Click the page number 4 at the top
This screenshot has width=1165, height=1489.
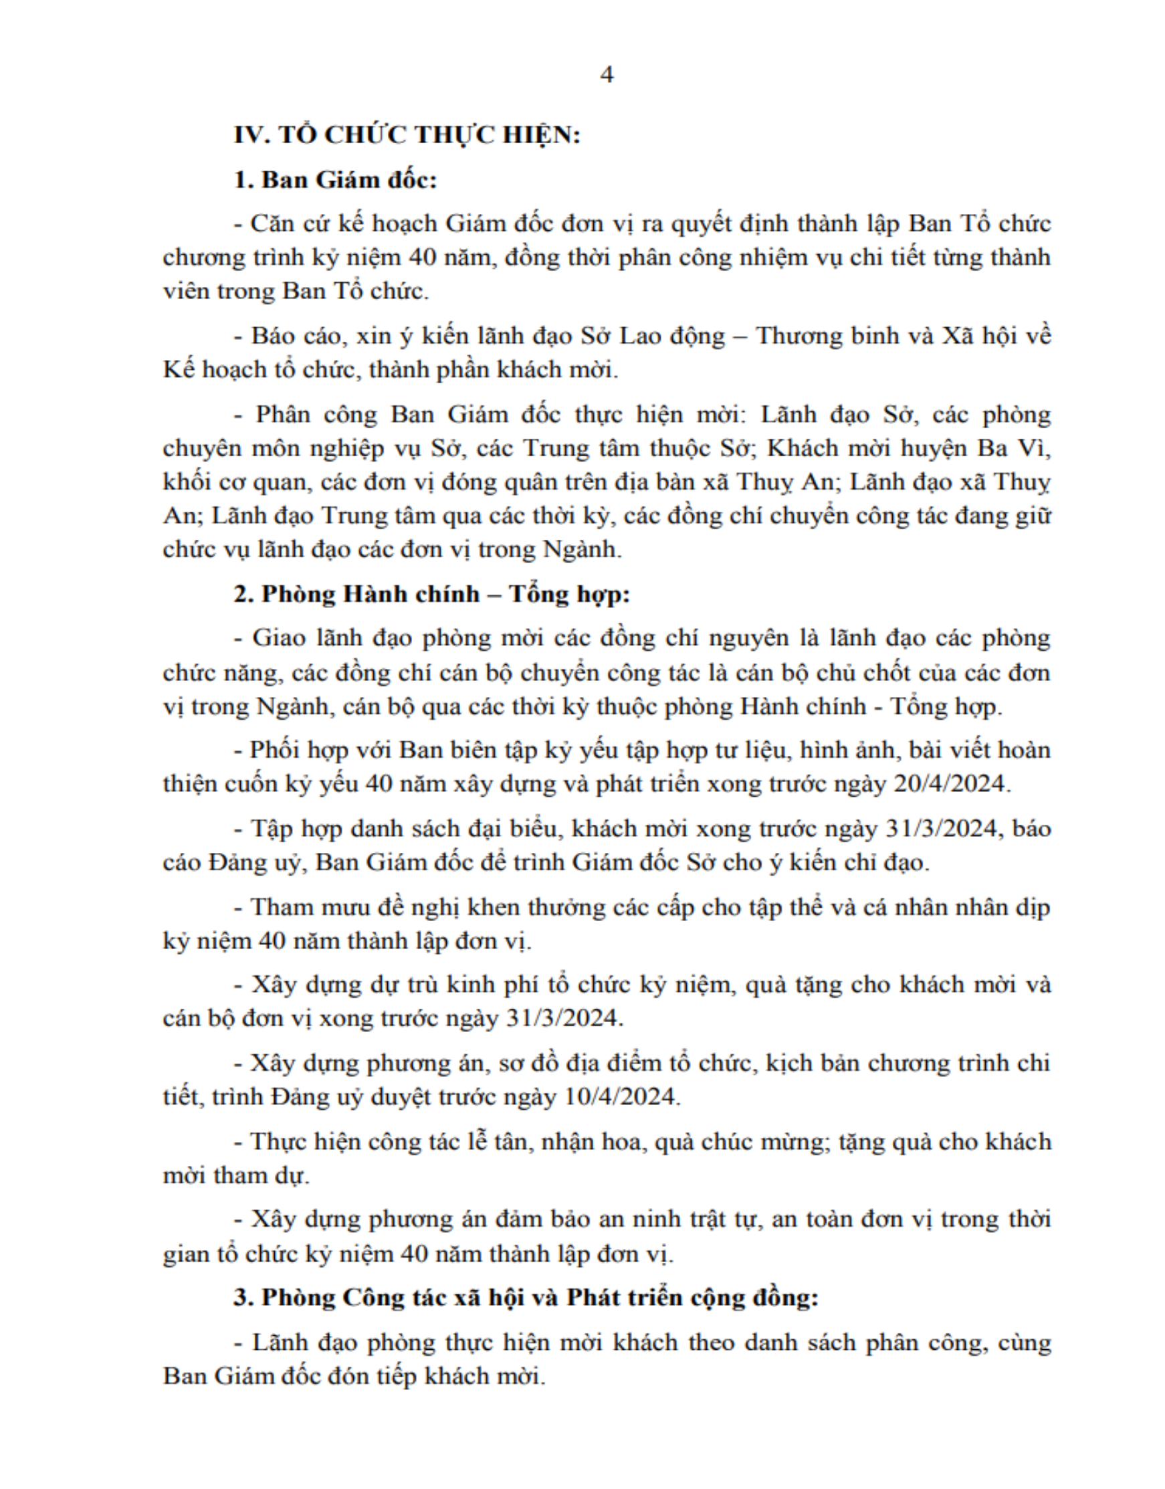click(607, 74)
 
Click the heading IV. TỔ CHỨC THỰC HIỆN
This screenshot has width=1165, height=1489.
click(407, 135)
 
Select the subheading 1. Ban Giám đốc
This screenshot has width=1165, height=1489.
click(335, 180)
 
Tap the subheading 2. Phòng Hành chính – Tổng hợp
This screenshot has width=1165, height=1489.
click(431, 594)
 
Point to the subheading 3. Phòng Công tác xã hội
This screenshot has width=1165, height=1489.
click(525, 1296)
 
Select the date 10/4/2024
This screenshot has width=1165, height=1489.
click(620, 1097)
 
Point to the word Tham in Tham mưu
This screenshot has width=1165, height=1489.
click(278, 907)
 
